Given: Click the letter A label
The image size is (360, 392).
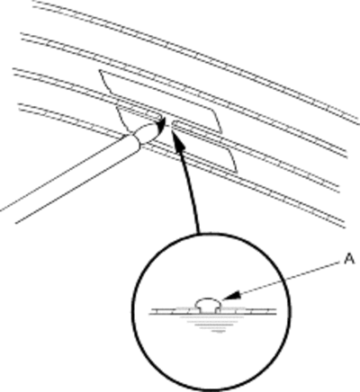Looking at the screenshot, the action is coord(349,259).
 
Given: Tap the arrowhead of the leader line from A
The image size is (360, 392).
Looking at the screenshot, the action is coord(231,296).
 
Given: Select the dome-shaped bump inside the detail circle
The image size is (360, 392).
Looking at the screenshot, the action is coord(208,304).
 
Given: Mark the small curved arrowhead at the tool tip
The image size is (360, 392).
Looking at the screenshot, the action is coord(162,123).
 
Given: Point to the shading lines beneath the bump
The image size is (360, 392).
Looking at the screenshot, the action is coord(211,325).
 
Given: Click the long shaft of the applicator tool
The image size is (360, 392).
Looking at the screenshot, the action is coord(70,177).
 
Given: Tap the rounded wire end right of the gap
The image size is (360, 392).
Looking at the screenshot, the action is coord(175,123).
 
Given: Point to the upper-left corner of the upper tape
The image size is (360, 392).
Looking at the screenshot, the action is coord(100,70).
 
